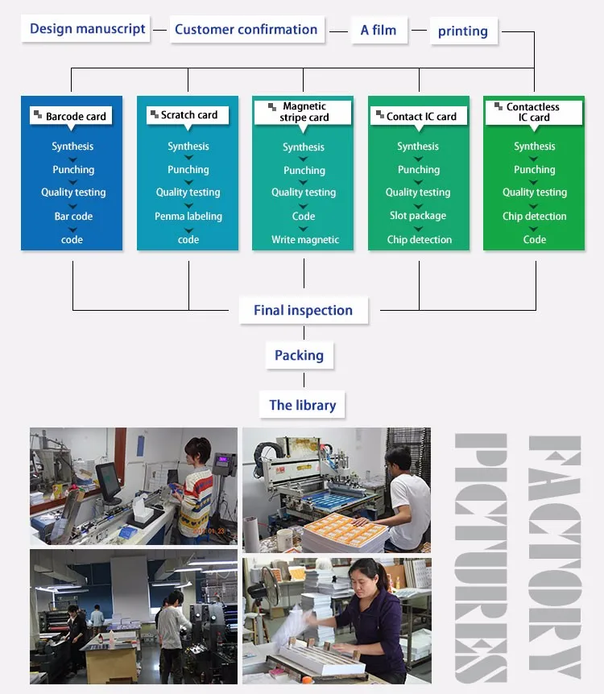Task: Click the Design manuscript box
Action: pyautogui.click(x=87, y=30)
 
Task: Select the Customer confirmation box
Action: pyautogui.click(x=246, y=30)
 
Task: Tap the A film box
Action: pyautogui.click(x=378, y=31)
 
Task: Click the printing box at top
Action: pyautogui.click(x=463, y=31)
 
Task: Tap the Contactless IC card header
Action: pyautogui.click(x=532, y=112)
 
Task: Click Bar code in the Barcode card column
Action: pyautogui.click(x=73, y=217)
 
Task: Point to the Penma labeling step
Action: pyautogui.click(x=188, y=217)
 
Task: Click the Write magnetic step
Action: pyautogui.click(x=305, y=240)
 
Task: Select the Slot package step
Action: pyautogui.click(x=418, y=216)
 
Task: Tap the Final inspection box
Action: pyautogui.click(x=303, y=311)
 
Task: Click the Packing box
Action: pyautogui.click(x=299, y=356)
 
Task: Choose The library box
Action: pyautogui.click(x=302, y=405)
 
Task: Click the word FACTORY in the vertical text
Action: pyautogui.click(x=555, y=556)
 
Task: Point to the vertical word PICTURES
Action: pyautogui.click(x=482, y=556)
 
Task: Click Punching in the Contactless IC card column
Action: pyautogui.click(x=535, y=170)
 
